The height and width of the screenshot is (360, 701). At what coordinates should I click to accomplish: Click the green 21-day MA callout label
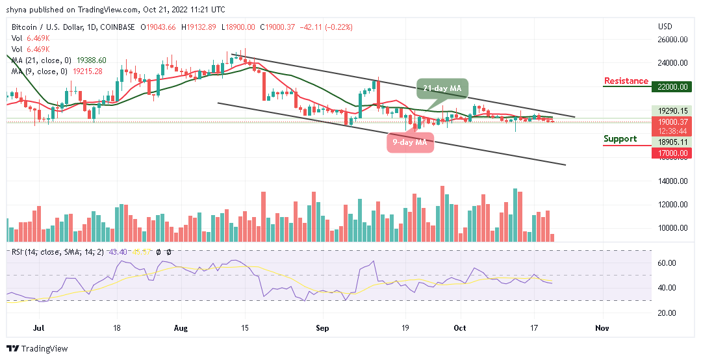[x=442, y=88]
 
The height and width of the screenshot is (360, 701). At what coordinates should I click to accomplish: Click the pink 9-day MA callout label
[x=409, y=142]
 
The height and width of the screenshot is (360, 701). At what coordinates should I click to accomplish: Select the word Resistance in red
[x=626, y=81]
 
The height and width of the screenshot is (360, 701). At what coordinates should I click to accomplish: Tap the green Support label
[x=624, y=139]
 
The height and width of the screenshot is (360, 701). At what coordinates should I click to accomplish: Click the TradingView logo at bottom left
[x=37, y=349]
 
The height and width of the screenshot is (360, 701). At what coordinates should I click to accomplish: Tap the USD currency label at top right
[x=665, y=27]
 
